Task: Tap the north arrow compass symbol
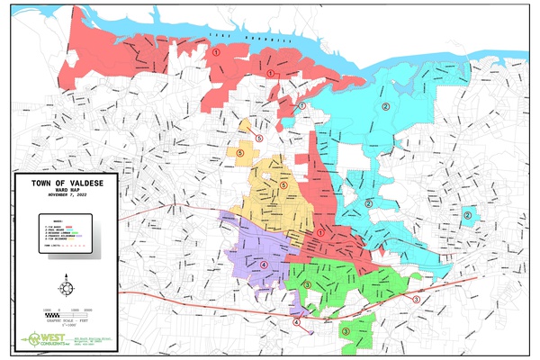click(66, 287)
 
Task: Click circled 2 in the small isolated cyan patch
click(468, 214)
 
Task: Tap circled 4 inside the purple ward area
click(264, 265)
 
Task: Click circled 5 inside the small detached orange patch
click(259, 139)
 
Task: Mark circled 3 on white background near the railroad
click(415, 298)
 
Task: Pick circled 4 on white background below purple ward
click(296, 322)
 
